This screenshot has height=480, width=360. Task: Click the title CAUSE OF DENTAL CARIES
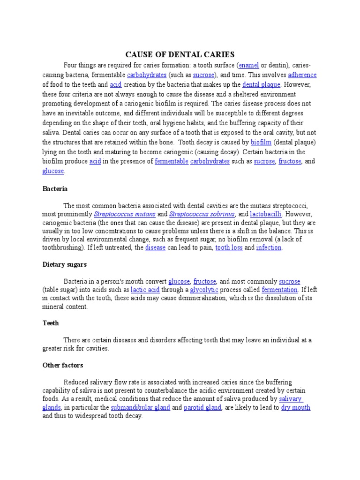click(180, 54)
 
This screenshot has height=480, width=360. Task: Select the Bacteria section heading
click(55, 188)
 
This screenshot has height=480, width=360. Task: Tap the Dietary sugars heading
click(64, 264)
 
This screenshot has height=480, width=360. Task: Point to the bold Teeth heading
click(50, 323)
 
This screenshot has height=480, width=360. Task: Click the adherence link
click(302, 75)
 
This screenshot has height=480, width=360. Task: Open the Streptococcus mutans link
click(125, 214)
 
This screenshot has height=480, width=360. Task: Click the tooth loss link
click(229, 247)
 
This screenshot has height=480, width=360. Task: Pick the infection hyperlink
click(269, 247)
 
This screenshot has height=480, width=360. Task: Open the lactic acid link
click(144, 290)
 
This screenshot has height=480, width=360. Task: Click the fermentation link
click(279, 290)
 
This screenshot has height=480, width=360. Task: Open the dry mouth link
click(295, 407)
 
